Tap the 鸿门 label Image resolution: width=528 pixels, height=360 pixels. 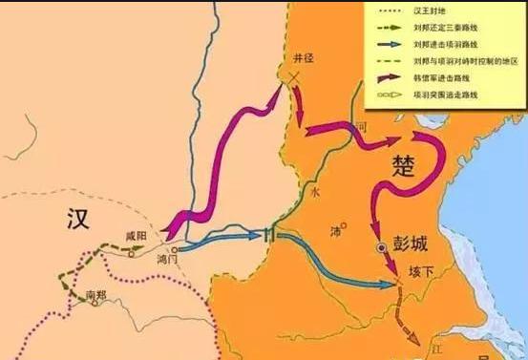pos(167,259)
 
